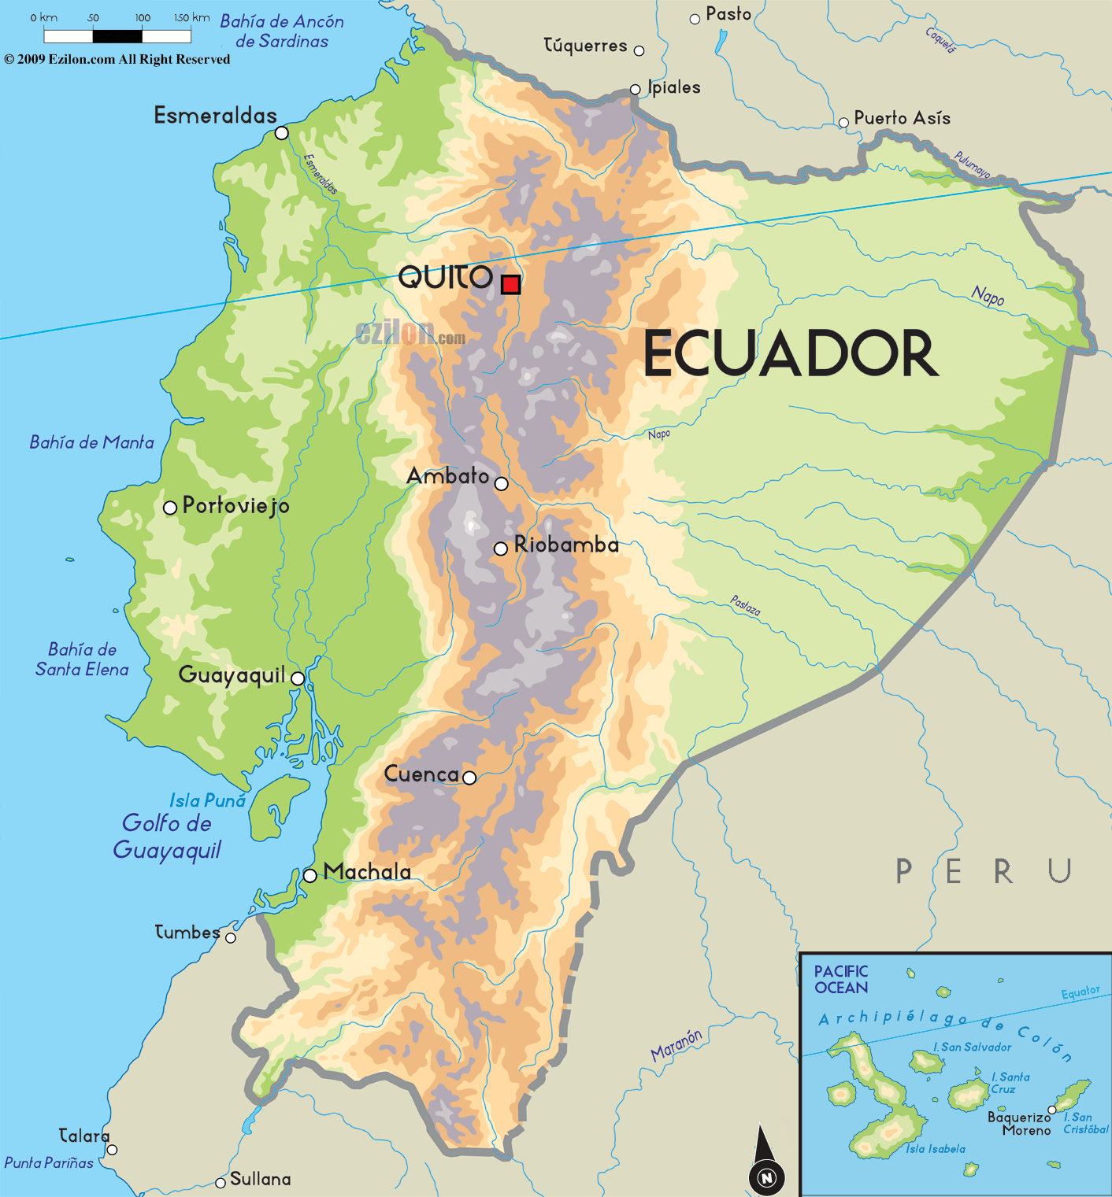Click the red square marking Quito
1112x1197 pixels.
pyautogui.click(x=510, y=284)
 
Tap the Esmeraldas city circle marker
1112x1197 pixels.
pyautogui.click(x=281, y=133)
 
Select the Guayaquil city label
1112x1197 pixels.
pyautogui.click(x=232, y=675)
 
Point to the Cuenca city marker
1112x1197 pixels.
pyautogui.click(x=469, y=778)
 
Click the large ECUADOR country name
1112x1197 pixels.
pyautogui.click(x=791, y=354)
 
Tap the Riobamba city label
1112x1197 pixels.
pyautogui.click(x=566, y=545)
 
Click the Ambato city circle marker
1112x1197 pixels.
pyautogui.click(x=501, y=483)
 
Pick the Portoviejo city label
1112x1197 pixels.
pyautogui.click(x=235, y=506)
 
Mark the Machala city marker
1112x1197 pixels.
pyautogui.click(x=310, y=875)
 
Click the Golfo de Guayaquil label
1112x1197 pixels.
pyautogui.click(x=167, y=837)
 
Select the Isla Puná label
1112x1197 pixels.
pyautogui.click(x=208, y=800)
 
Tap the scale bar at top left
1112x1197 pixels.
pyautogui.click(x=117, y=35)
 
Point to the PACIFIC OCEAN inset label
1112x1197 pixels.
pyautogui.click(x=841, y=980)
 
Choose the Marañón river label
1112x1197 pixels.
pyautogui.click(x=676, y=1044)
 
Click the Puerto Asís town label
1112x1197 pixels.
pyautogui.click(x=902, y=118)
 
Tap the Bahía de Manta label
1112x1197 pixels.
pyautogui.click(x=91, y=442)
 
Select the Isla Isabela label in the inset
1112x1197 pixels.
pyautogui.click(x=935, y=1149)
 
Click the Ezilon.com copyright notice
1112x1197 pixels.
pyautogui.click(x=117, y=60)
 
